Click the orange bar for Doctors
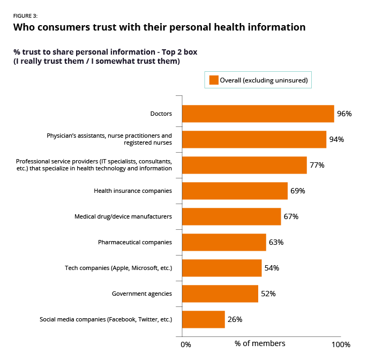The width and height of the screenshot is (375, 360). pos(258,114)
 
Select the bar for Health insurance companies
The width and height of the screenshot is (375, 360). pos(235,191)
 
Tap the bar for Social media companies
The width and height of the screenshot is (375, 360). pos(204,319)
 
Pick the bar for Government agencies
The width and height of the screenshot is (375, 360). pos(220,294)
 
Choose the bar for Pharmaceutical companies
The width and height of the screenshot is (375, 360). pos(224,242)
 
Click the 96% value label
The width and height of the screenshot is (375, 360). pos(344,114)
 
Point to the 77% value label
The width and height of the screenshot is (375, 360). pos(317,165)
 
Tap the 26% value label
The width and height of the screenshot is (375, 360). pos(235,319)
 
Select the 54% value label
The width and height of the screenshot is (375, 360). pos(272,268)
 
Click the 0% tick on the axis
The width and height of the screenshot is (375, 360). pos(185,344)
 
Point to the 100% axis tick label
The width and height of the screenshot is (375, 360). pos(340,344)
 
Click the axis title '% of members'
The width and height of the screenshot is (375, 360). pos(260,343)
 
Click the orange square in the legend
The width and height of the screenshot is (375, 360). pos(213,80)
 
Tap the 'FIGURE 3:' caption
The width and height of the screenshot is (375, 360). pos(25,16)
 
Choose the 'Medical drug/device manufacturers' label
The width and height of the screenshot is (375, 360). pos(123,216)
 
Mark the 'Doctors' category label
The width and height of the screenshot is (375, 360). pos(161,114)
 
